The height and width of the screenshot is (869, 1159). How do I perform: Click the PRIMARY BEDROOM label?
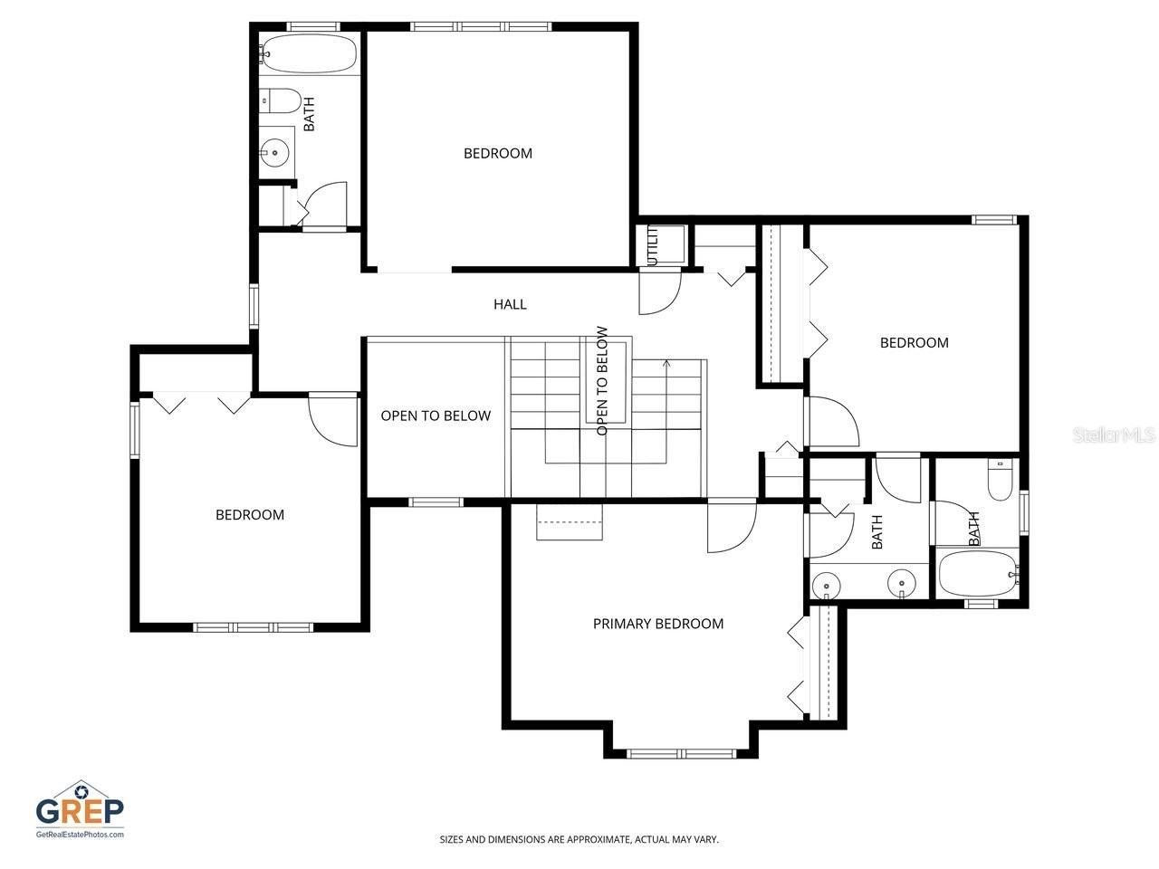point(657,624)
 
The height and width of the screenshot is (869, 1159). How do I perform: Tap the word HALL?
point(510,304)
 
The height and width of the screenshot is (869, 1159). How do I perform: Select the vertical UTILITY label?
point(652,245)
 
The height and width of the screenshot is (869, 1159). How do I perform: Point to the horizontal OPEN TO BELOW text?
point(436,415)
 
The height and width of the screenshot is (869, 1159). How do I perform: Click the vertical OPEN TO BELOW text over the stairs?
point(602,380)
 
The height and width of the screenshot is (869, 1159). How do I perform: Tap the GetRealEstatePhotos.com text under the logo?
point(80,834)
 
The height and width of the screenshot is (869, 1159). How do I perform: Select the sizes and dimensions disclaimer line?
point(579,839)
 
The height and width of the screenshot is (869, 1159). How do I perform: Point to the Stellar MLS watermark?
point(1114,435)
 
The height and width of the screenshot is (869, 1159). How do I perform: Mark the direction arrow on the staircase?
point(667,365)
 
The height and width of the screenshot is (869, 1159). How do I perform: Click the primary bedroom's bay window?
point(681,752)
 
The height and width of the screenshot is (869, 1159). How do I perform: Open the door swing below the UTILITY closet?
point(659,291)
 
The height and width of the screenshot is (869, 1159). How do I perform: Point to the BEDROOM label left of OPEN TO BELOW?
point(250,515)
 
